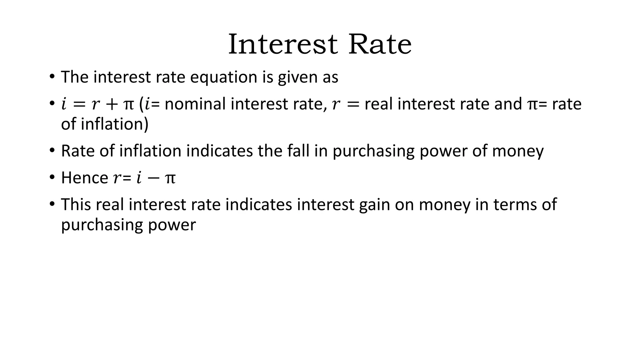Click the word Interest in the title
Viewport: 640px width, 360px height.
(283, 44)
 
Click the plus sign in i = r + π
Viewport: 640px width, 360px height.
(112, 104)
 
